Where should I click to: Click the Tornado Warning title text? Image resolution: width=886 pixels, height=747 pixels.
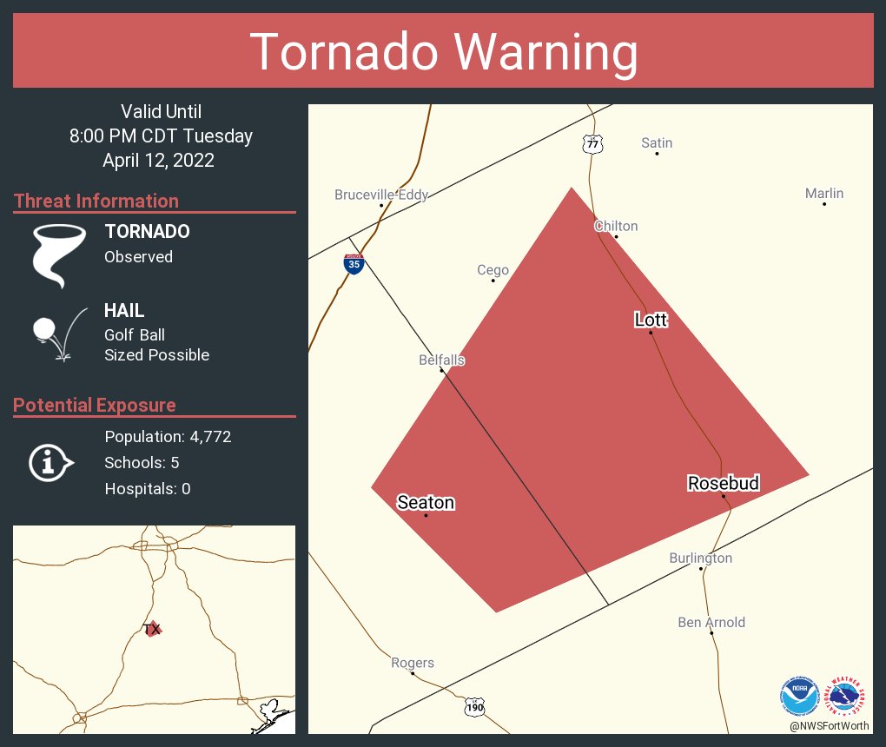[x=443, y=52]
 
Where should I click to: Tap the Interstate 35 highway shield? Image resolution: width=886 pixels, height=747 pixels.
[x=354, y=264]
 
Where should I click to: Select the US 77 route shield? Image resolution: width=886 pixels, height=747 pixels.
[x=592, y=144]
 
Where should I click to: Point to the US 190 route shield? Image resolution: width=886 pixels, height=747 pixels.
[x=474, y=707]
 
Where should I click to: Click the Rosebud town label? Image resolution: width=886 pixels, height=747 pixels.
[x=724, y=483]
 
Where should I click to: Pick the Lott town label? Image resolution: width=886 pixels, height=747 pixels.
[x=651, y=320]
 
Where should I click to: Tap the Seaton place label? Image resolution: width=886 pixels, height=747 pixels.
[x=426, y=502]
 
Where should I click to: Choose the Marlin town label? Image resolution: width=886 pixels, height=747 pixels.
[x=823, y=194]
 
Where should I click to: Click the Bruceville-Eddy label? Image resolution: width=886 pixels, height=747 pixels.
[x=381, y=195]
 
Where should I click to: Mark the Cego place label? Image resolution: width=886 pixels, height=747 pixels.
[x=493, y=270]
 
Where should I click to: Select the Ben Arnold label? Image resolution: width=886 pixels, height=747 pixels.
[x=711, y=622]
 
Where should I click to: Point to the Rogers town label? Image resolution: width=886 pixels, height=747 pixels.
[x=412, y=663]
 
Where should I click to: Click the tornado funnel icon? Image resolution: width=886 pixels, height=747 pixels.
[x=58, y=255]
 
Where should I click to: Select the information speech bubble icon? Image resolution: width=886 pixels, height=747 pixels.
[x=50, y=463]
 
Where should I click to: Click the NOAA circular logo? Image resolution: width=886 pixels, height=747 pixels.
[x=799, y=695]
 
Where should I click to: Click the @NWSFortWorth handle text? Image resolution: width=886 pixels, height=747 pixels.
[x=829, y=725]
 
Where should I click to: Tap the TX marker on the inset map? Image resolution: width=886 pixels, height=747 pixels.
[x=152, y=628]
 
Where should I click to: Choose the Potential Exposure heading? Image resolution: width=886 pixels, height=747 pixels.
[x=94, y=405]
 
